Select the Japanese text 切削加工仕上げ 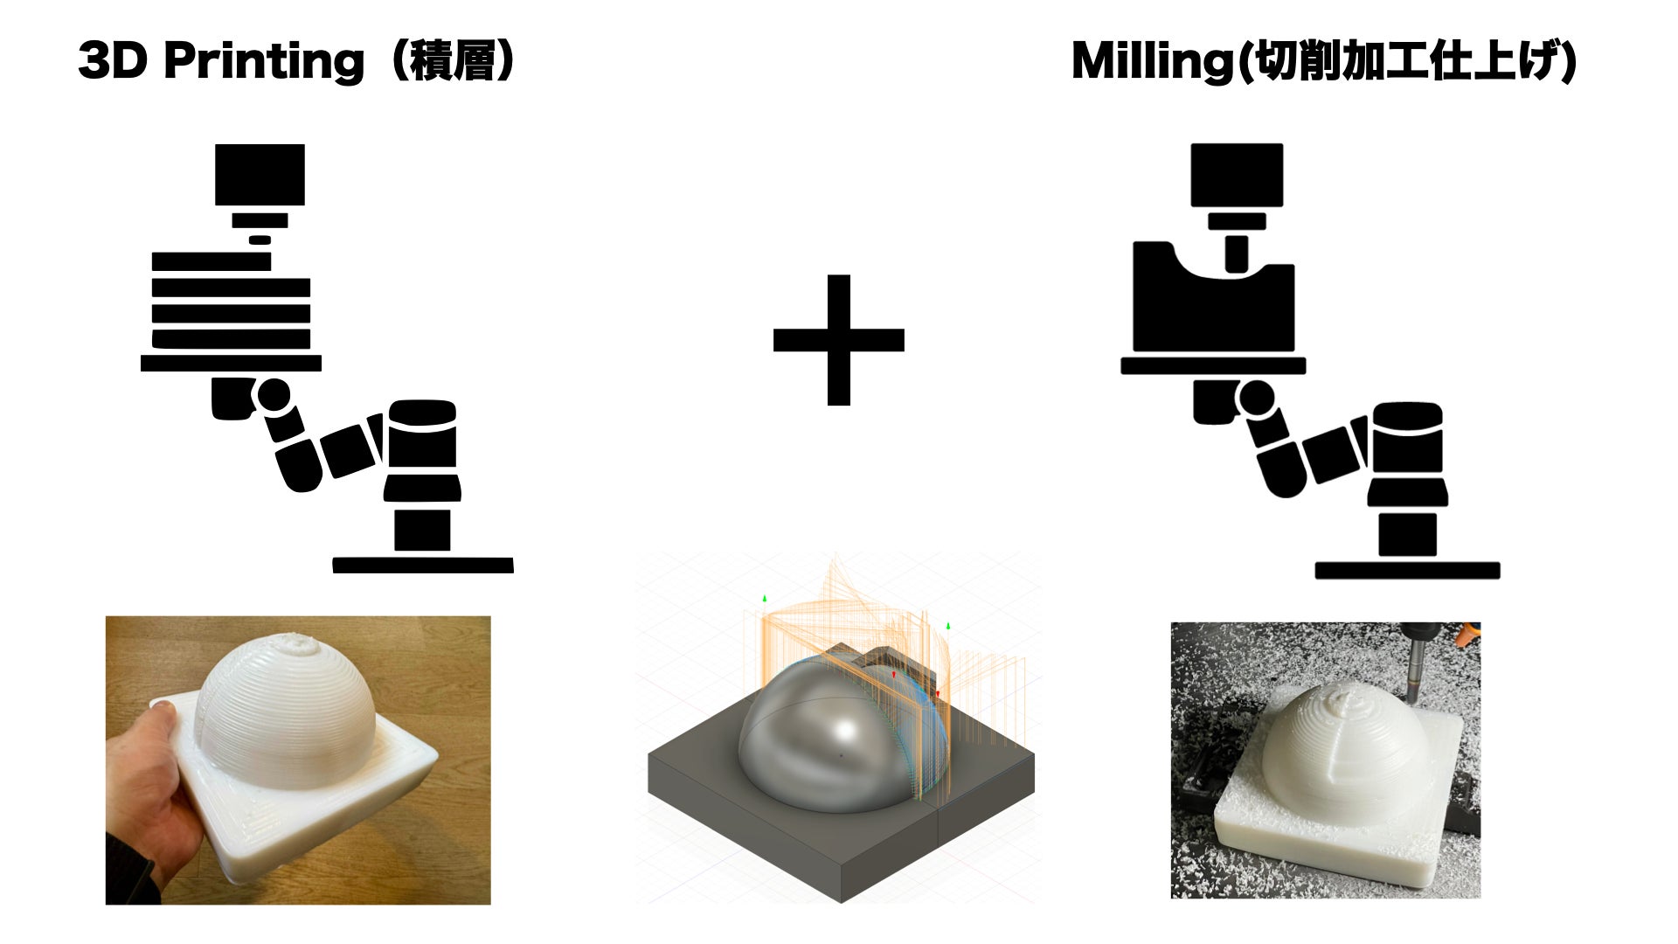[1405, 62]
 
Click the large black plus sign [838, 340]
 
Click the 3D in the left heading [113, 61]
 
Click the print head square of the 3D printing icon [260, 175]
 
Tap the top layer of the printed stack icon [211, 261]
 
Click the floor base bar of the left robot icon [423, 566]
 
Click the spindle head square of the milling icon [1237, 175]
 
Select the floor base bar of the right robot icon [1407, 571]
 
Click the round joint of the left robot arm [274, 395]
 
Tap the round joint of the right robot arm [1257, 399]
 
